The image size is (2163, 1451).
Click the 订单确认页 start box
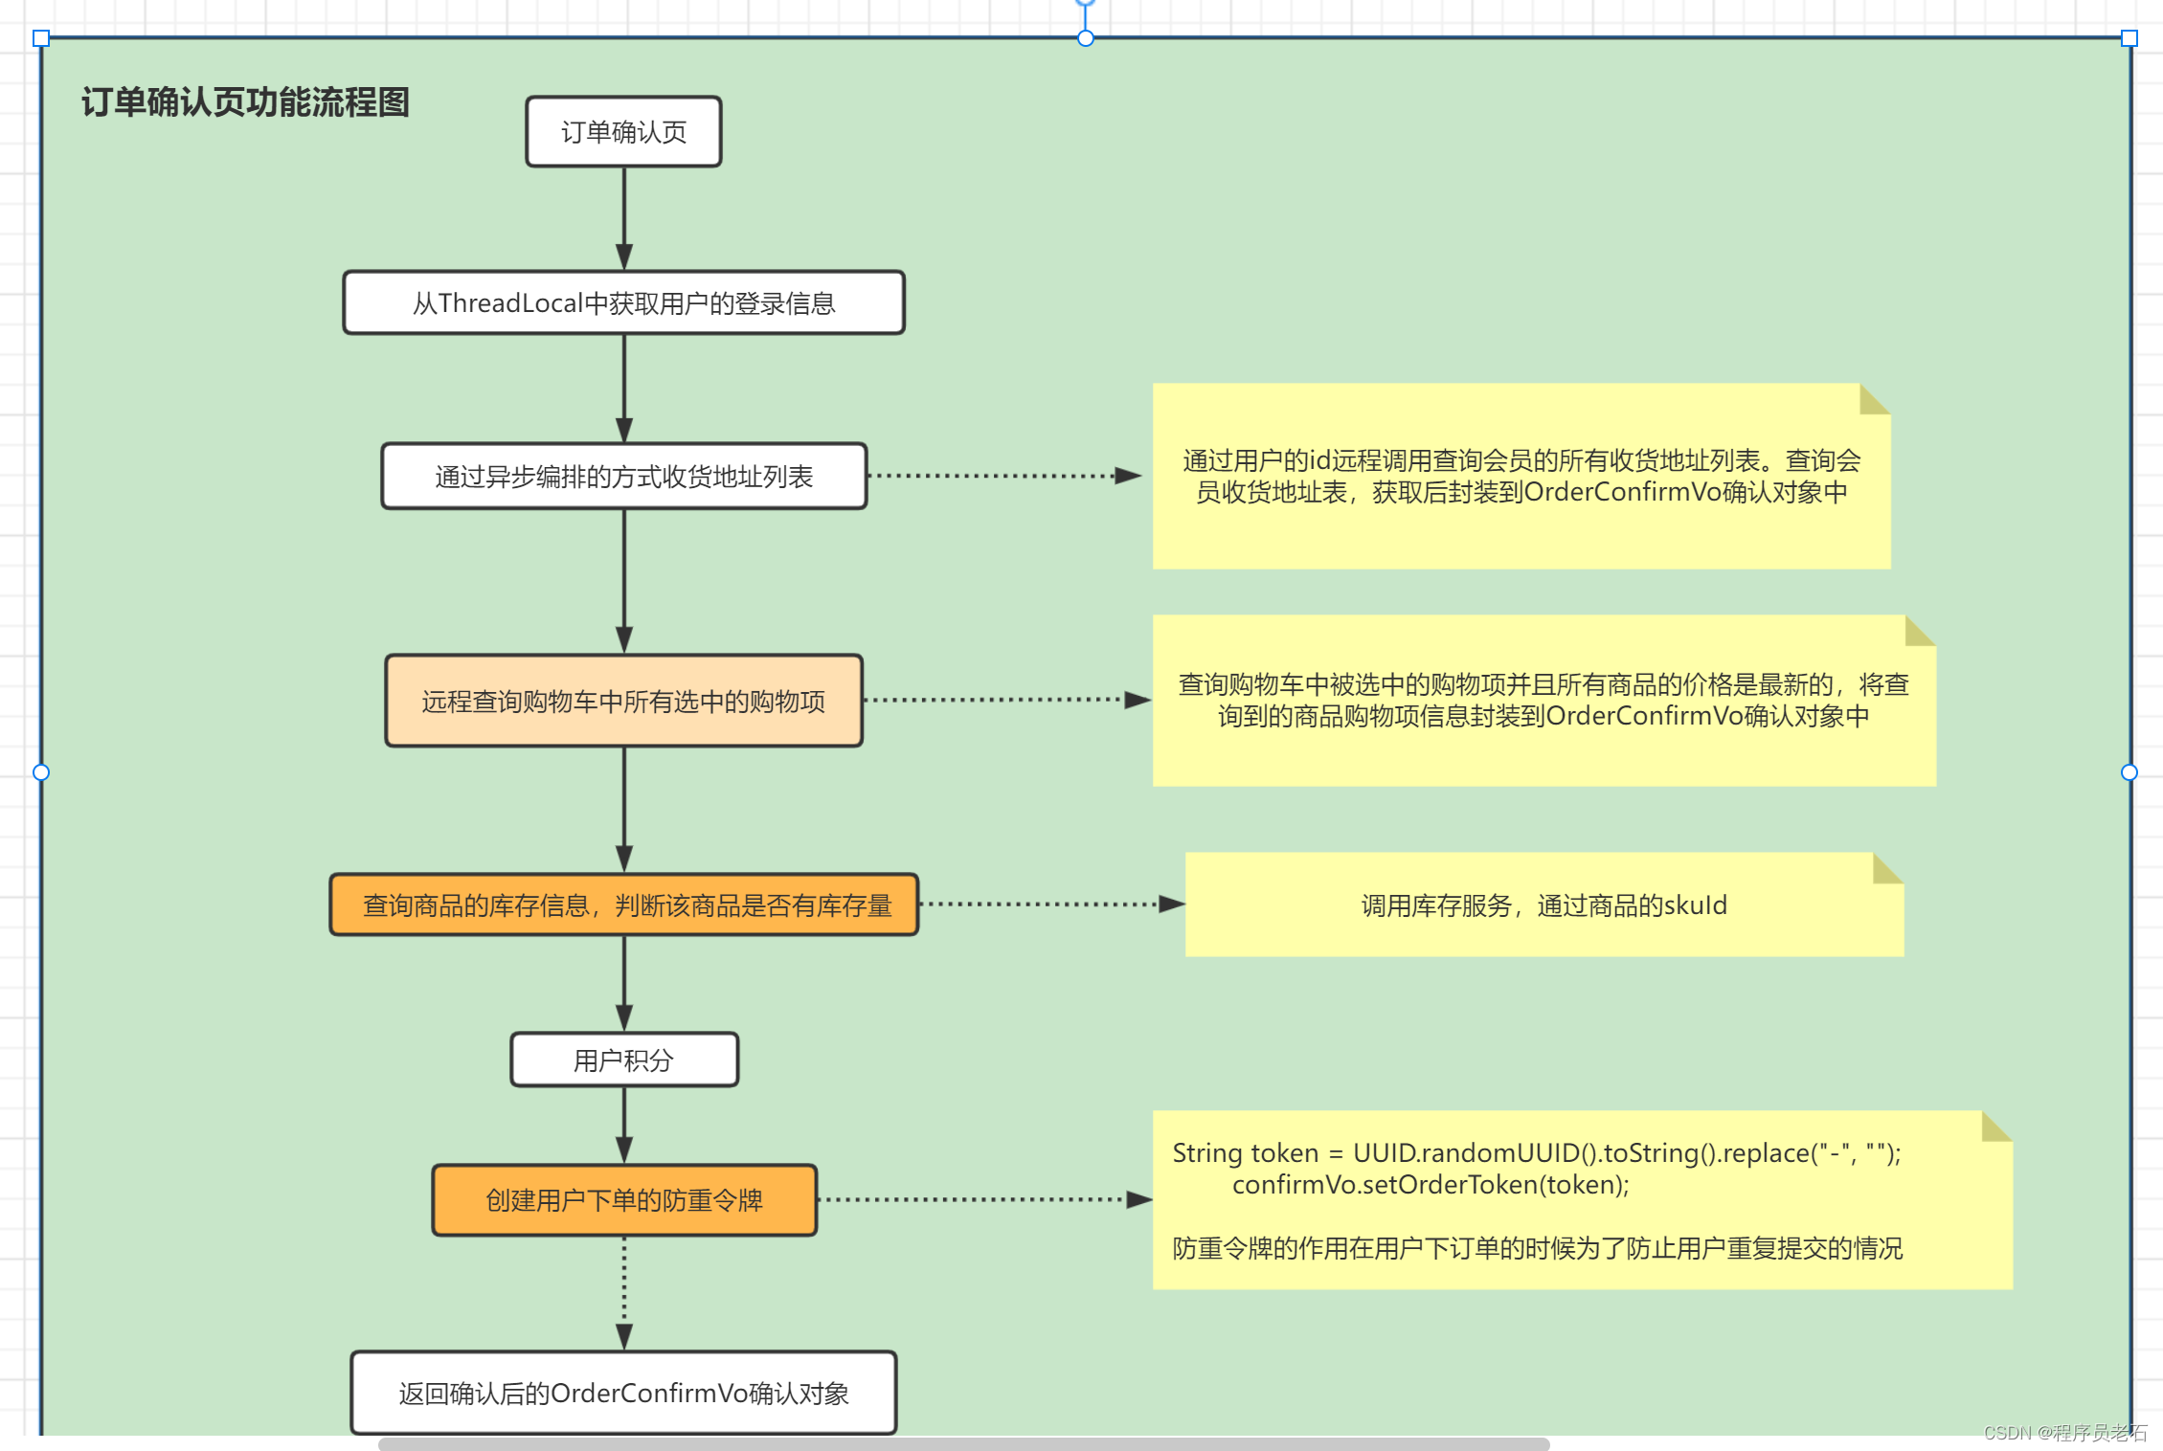(623, 132)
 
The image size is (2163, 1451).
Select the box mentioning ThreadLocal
(623, 303)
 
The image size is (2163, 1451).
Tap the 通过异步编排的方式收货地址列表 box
(623, 477)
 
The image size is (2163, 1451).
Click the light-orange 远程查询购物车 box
(623, 702)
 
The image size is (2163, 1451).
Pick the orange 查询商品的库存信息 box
(623, 905)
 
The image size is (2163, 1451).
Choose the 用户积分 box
(623, 1060)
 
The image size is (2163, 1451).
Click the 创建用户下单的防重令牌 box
(623, 1200)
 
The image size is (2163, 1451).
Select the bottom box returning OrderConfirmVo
(623, 1393)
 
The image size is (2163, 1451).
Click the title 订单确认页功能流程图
(245, 102)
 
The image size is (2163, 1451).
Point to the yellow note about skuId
(1543, 905)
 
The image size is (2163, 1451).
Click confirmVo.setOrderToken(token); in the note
(1431, 1185)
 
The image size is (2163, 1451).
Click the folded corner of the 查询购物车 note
(1918, 631)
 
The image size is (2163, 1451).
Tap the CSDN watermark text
(2064, 1433)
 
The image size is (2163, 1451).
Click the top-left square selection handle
(41, 38)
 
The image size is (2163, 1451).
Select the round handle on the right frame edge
(2129, 772)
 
